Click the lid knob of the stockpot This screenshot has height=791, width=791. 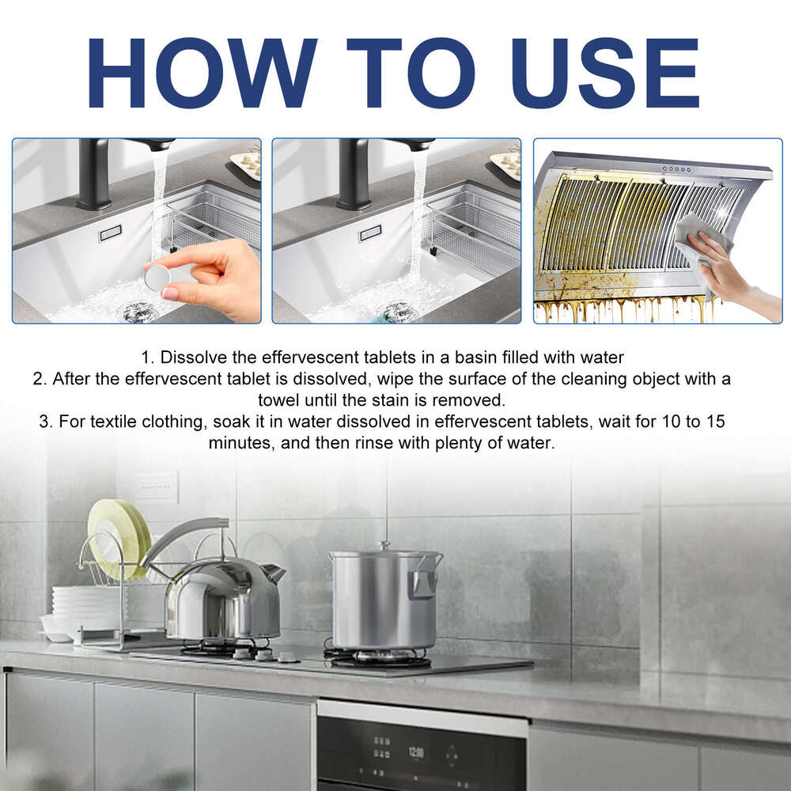click(x=384, y=546)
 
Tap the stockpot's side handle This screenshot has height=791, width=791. click(x=424, y=584)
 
